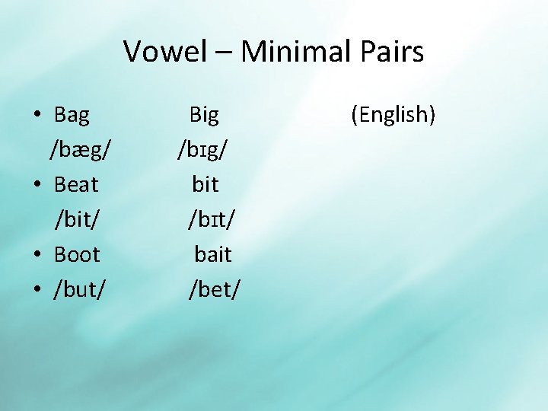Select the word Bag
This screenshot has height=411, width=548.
click(x=72, y=115)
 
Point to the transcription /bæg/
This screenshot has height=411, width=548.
click(x=84, y=149)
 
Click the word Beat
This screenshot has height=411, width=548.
click(x=76, y=184)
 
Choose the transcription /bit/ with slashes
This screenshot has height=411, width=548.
click(x=76, y=219)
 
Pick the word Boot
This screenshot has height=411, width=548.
click(x=77, y=253)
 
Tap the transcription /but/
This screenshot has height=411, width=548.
click(x=80, y=288)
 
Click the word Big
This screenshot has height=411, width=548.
click(x=204, y=115)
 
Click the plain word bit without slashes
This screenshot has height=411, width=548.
click(x=205, y=184)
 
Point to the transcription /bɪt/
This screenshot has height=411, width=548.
click(x=212, y=219)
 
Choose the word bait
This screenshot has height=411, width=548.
click(x=213, y=253)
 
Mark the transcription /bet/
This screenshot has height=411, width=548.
click(x=214, y=288)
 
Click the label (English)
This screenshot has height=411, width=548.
click(x=393, y=115)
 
